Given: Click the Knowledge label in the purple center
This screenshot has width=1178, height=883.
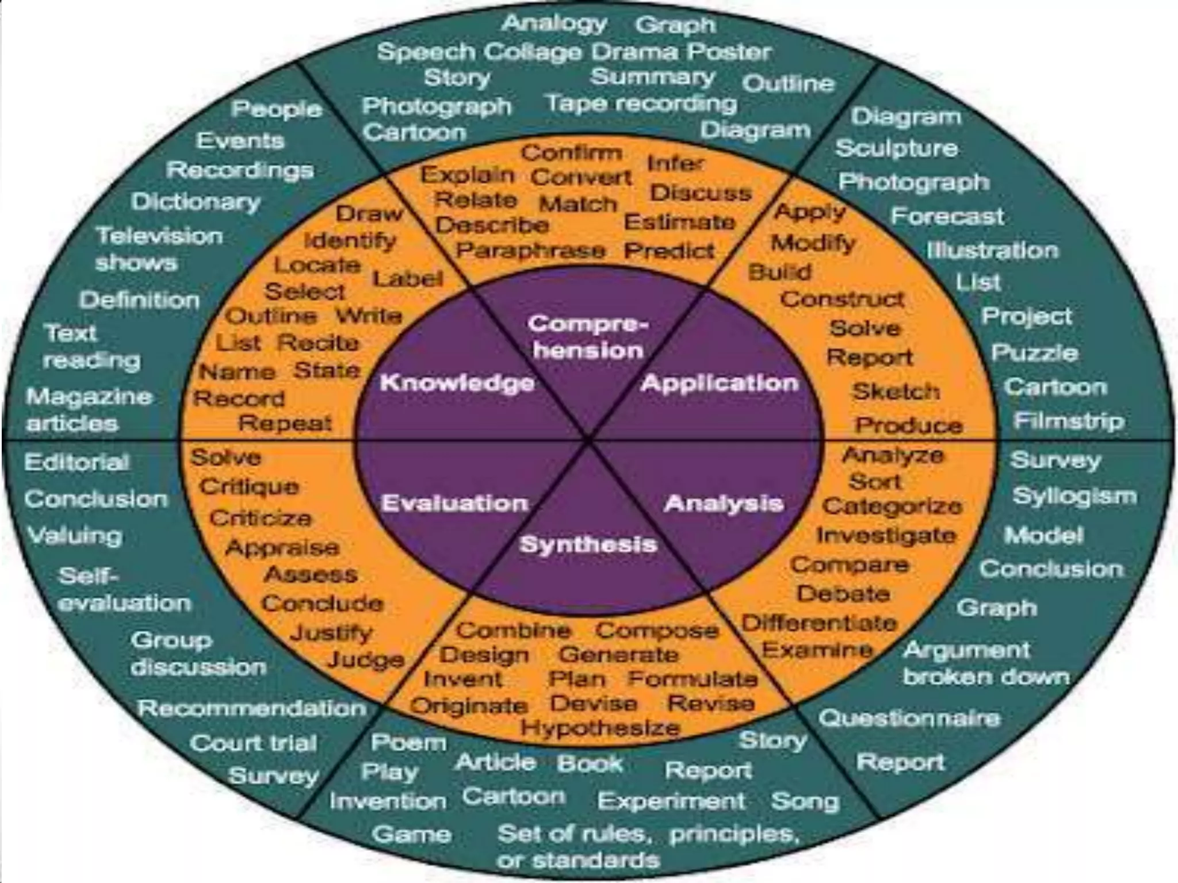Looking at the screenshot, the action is point(457,383).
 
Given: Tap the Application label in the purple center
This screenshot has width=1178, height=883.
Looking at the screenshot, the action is point(720,383).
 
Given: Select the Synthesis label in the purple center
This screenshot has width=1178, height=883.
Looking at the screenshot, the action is point(588,544).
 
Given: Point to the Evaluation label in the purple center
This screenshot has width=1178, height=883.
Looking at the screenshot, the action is point(454,504).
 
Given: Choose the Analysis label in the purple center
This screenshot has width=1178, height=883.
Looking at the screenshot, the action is point(724,504).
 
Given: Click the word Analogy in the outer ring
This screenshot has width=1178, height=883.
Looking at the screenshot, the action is point(554,24).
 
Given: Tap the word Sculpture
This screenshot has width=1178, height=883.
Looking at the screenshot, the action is point(897,148).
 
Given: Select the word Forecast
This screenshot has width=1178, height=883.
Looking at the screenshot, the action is point(947,216).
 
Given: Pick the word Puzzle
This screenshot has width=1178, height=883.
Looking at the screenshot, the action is point(1034,352).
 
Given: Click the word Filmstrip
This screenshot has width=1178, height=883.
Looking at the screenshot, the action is point(1069,421).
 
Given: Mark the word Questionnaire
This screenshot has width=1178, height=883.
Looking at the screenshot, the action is point(909,718).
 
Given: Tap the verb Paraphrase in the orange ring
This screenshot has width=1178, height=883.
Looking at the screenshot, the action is point(530,251).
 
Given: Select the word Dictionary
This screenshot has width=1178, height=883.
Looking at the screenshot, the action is point(196,202).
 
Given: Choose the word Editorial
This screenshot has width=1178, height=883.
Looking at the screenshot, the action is point(77,462).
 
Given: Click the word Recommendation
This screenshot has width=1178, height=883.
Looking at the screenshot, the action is point(251,708).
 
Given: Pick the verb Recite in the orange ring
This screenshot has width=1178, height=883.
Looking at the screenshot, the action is point(318,343).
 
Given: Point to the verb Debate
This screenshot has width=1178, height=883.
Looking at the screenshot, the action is point(843,593).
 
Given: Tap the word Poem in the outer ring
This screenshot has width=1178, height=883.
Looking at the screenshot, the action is point(408,742).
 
